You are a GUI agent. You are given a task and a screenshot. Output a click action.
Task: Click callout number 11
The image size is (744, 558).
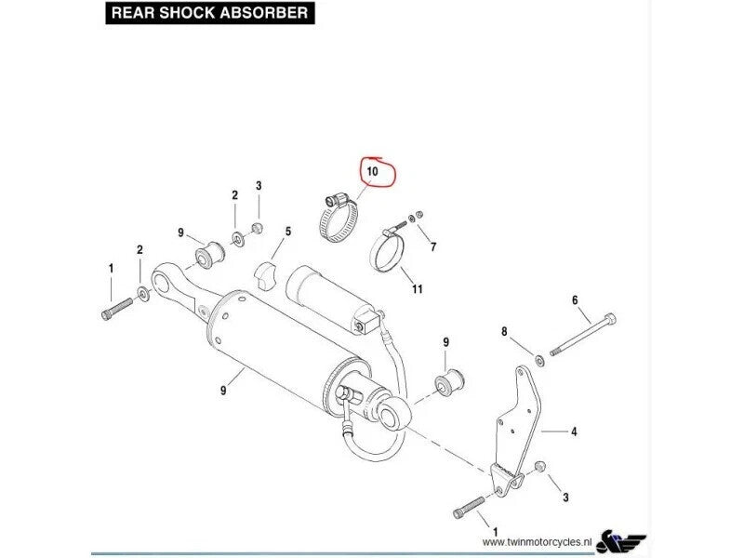tap(418, 289)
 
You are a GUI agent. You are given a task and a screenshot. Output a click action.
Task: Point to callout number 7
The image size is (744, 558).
tap(432, 246)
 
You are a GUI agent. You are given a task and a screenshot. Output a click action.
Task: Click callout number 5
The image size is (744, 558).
tap(288, 231)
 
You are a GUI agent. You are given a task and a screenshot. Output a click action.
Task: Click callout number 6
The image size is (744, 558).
tap(574, 299)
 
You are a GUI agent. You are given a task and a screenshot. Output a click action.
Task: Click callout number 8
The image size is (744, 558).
tap(504, 331)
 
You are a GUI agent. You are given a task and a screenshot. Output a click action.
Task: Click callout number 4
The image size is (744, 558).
tap(574, 432)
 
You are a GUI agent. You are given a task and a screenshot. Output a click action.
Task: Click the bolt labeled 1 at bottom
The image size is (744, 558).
tap(470, 508)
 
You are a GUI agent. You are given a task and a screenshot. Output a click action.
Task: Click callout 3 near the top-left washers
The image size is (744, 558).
tap(259, 186)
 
